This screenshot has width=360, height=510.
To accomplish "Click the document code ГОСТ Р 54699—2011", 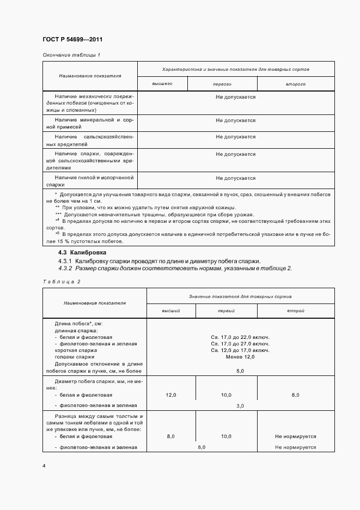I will point(72,40).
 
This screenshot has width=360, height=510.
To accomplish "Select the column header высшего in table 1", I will point(162,84).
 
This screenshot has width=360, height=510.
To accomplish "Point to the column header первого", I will point(222,84).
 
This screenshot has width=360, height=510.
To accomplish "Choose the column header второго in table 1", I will point(295,84).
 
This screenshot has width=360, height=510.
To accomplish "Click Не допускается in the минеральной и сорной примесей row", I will point(235,120).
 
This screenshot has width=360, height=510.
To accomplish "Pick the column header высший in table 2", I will point(170,310).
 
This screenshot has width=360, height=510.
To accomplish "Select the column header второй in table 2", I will point(295,310).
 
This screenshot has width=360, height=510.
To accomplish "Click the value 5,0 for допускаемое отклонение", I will point(240,371).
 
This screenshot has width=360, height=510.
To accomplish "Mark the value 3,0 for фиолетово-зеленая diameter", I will point(240,406).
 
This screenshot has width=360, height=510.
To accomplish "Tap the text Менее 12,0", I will point(240,357).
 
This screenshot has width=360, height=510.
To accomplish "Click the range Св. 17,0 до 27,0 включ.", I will point(240,344).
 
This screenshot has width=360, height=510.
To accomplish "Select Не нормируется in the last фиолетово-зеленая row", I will point(295,447).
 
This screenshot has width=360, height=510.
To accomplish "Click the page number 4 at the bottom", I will point(44,466).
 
